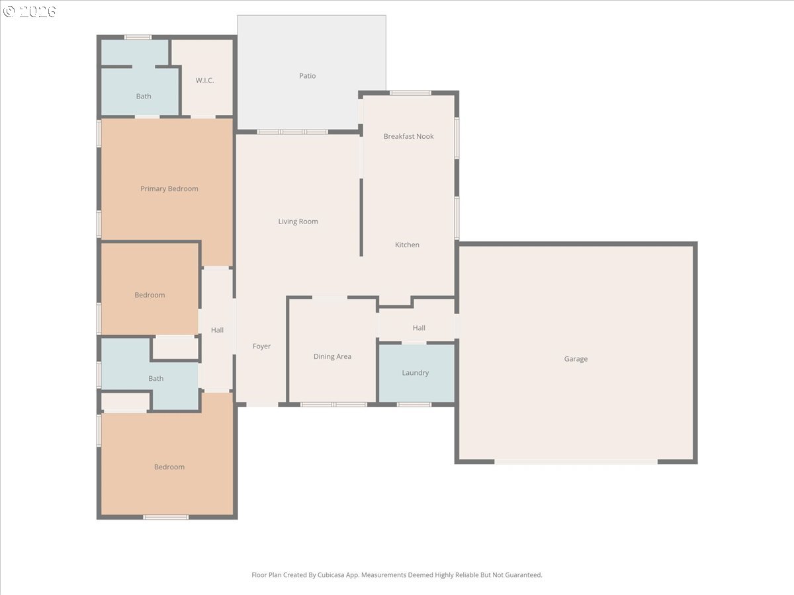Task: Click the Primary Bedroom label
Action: (169, 188)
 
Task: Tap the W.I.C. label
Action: (204, 80)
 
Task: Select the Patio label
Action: (308, 76)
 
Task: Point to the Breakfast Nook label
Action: (408, 136)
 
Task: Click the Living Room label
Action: (298, 221)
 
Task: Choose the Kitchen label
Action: (407, 245)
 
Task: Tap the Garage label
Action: (576, 359)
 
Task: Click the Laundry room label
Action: (416, 372)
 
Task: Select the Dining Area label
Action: (332, 356)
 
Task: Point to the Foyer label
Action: (261, 346)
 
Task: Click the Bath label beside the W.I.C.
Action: (144, 96)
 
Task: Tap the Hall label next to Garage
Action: (419, 328)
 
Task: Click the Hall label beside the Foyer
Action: (217, 330)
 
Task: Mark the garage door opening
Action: (576, 461)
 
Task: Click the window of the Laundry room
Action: (414, 405)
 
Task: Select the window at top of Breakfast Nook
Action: (410, 93)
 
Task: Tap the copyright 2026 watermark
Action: (29, 11)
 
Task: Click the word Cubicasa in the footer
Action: (331, 575)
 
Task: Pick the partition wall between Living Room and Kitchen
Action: (361, 218)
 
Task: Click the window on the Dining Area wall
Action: (333, 405)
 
